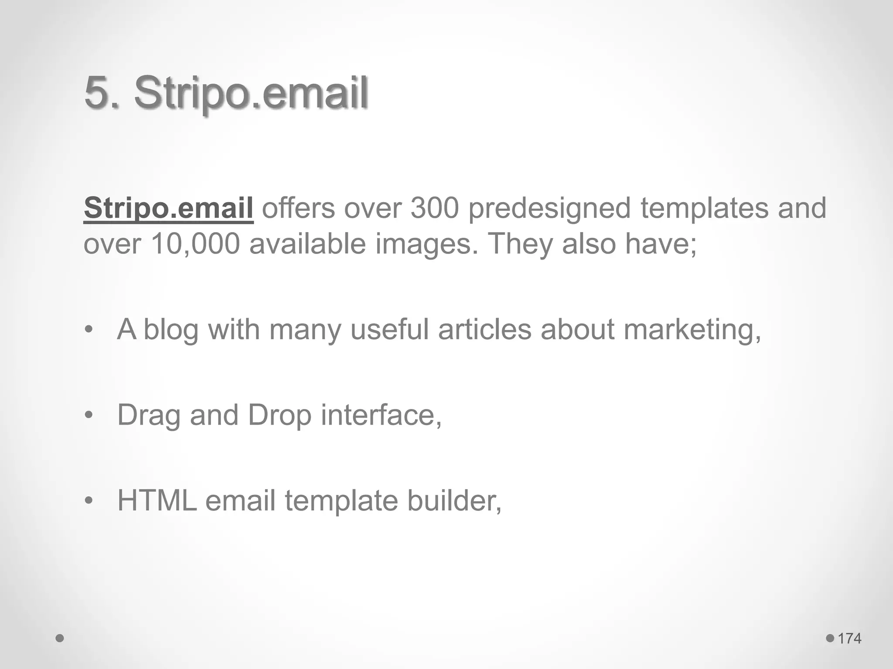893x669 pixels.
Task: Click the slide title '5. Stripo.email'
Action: coord(226,93)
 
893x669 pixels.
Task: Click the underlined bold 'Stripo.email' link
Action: coord(168,208)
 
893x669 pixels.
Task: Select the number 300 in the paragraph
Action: coord(434,208)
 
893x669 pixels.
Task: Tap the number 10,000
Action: coord(195,243)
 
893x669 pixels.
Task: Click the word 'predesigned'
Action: coord(549,209)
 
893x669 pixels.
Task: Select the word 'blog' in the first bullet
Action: coord(170,330)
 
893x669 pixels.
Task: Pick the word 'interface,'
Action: coord(381,415)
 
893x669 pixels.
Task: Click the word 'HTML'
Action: coord(157,500)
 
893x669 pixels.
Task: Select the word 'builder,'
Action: coord(454,500)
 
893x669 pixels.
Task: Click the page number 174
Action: coord(849,639)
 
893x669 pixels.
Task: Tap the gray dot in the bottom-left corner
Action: coord(60,639)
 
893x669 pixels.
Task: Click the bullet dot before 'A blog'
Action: coord(89,330)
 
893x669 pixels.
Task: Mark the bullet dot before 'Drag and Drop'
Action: coord(89,416)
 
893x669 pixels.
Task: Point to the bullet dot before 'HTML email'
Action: coord(89,501)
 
